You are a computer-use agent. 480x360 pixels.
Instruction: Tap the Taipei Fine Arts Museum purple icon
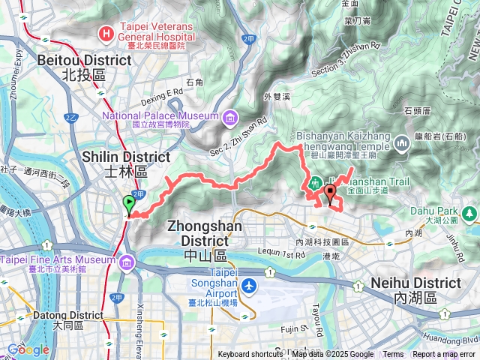[127, 261]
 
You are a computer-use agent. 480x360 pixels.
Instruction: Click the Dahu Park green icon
[470, 215]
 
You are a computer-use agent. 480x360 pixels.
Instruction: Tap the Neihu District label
[416, 290]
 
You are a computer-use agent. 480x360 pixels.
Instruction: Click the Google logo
[28, 349]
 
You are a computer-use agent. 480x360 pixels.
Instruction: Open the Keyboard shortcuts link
[250, 355]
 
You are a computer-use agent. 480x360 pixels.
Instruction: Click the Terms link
[393, 355]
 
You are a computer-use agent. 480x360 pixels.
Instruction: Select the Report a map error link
[443, 355]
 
